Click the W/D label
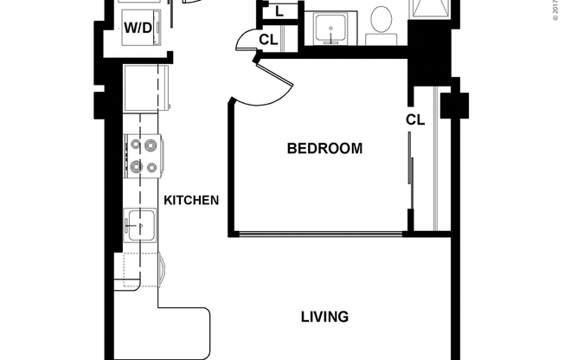138,27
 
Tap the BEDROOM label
324,149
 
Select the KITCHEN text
191,200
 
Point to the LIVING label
324,317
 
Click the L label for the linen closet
279,12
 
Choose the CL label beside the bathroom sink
268,39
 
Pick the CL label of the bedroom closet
416,120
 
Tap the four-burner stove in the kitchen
144,156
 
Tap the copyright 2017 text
556,10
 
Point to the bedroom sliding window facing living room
320,233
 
